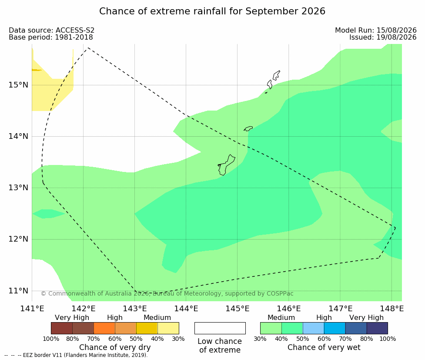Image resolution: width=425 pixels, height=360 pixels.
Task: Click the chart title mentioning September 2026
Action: (212, 11)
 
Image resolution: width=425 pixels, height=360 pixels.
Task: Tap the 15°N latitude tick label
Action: (18, 85)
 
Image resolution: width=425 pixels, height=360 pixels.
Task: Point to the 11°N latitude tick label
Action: (18, 291)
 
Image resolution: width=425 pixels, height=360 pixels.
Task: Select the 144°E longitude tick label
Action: (186, 309)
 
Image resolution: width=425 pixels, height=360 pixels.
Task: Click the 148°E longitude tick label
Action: (392, 309)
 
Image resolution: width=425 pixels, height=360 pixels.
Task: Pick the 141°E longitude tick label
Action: (32, 309)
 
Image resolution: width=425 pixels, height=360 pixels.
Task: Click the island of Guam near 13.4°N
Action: (226, 165)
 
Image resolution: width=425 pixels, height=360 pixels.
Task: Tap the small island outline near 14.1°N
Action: (248, 128)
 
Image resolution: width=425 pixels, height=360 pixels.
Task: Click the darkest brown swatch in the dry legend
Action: (62, 328)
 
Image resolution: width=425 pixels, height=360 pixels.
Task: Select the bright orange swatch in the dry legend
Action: (104, 328)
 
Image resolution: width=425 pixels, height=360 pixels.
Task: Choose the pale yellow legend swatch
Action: (168, 328)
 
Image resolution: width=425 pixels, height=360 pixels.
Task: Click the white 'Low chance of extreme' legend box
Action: (220, 328)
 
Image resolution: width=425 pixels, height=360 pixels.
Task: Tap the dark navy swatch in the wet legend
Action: (377, 328)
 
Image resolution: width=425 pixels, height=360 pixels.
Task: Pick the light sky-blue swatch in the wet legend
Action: (313, 328)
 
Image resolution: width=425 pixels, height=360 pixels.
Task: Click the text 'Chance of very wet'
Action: (324, 347)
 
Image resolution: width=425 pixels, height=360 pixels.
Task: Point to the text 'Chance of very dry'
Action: (115, 347)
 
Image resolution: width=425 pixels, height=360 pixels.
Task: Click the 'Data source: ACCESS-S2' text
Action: (51, 30)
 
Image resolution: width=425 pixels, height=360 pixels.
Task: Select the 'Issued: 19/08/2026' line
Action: (383, 37)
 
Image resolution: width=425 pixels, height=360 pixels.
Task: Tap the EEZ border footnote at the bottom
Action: (76, 355)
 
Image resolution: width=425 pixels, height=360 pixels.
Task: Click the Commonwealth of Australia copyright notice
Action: (167, 293)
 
